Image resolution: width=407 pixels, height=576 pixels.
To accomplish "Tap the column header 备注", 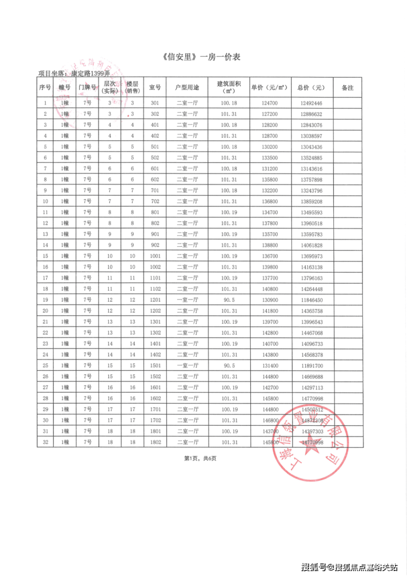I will click(347, 88).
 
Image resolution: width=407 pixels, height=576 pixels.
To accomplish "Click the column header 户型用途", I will click(187, 88).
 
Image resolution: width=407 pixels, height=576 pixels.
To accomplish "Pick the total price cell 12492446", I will click(311, 104).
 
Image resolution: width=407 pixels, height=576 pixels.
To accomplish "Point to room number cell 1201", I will click(155, 300).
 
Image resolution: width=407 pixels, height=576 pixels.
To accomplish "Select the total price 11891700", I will click(311, 366).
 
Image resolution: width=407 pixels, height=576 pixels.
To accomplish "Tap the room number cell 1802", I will click(155, 442).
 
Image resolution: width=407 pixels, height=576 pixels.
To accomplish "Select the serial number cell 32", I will click(45, 442).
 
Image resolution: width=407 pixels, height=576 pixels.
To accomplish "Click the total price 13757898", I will click(311, 180).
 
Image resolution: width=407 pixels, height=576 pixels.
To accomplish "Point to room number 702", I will click(155, 202).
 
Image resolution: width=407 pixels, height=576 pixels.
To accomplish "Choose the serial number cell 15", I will click(45, 256).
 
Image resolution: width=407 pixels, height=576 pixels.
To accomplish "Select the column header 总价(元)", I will click(311, 88).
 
